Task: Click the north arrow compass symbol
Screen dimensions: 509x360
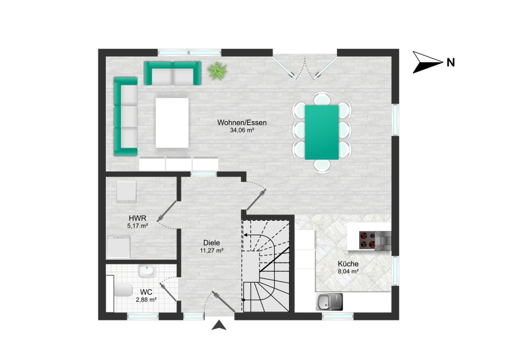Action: point(427,62)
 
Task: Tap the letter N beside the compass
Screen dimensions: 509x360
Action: point(451,62)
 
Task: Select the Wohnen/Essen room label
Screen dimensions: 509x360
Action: point(242,122)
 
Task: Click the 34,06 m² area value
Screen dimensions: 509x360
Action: point(242,130)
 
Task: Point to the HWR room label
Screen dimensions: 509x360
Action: point(137,218)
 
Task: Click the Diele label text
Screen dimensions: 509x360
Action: point(212,243)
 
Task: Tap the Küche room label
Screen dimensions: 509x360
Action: point(348,264)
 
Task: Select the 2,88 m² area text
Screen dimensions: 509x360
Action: point(146,299)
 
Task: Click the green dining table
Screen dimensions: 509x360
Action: point(322,132)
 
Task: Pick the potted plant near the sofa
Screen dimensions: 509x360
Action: point(217,71)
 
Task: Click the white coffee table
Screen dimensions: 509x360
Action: point(172,123)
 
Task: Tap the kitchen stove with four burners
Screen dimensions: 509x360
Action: point(367,240)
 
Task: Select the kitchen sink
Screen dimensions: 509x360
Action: point(329,302)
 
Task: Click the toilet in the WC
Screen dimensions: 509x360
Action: point(123,290)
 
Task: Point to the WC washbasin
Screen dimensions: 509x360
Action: point(147,271)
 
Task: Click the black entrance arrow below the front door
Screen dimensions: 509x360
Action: point(219,325)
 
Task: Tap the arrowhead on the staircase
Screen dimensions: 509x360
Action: point(245,235)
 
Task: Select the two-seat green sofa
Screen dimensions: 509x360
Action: point(172,74)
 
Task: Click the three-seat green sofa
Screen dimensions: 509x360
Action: point(126,116)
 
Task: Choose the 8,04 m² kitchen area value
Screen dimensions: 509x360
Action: point(348,272)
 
